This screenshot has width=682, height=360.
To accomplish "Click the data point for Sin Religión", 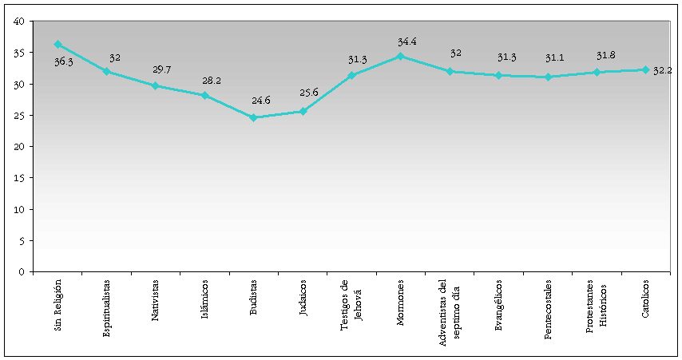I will pyautogui.click(x=57, y=44).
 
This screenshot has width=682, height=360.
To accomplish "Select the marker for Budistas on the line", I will pyautogui.click(x=253, y=117).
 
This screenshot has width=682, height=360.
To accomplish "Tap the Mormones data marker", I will pyautogui.click(x=400, y=56).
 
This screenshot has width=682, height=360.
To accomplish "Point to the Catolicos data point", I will pyautogui.click(x=644, y=69).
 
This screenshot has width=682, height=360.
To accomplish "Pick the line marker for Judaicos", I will pyautogui.click(x=303, y=111).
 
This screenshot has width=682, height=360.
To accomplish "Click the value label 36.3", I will pyautogui.click(x=64, y=61).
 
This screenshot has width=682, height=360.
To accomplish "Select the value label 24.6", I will pyautogui.click(x=260, y=101).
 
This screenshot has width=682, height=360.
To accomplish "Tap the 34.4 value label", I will pyautogui.click(x=406, y=40).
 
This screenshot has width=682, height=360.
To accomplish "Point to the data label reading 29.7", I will pyautogui.click(x=162, y=69).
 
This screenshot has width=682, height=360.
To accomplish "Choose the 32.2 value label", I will pyautogui.click(x=663, y=71).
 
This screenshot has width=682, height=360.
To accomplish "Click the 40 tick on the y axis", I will pyautogui.click(x=18, y=22).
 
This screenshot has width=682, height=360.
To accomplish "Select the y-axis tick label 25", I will pyautogui.click(x=18, y=115).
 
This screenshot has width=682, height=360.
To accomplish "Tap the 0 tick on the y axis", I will pyautogui.click(x=21, y=271).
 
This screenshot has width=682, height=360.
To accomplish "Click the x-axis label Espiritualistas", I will pyautogui.click(x=107, y=308).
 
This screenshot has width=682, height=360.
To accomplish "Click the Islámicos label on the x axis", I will pyautogui.click(x=205, y=299).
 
